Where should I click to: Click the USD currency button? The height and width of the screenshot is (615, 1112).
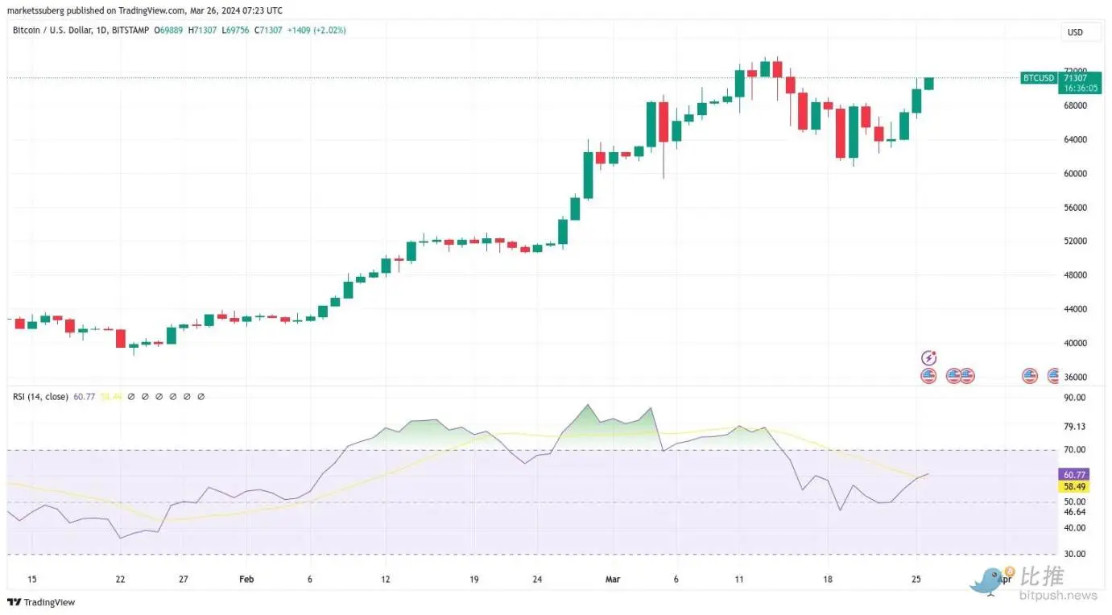[1075, 32]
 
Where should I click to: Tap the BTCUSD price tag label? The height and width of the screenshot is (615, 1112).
[1038, 78]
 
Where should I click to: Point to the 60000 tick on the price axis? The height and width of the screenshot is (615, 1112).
[1076, 174]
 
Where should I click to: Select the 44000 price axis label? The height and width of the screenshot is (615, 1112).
[1076, 309]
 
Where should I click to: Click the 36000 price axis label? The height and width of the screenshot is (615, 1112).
[1076, 377]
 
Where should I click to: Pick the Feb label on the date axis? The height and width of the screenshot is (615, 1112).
[246, 579]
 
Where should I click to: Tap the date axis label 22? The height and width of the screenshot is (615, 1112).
[121, 579]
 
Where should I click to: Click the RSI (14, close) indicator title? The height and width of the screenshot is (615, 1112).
[40, 396]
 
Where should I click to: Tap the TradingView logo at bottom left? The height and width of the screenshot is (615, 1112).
[41, 602]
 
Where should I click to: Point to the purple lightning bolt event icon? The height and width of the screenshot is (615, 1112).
[928, 358]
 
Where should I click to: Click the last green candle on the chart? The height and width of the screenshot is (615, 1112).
[928, 84]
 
